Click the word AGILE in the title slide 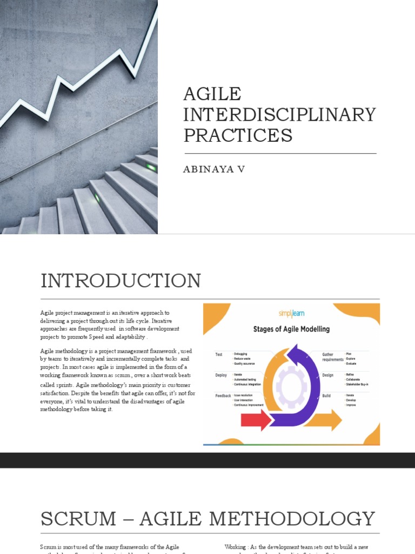pyautogui.click(x=212, y=94)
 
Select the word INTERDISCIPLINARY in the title pyautogui.click(x=279, y=114)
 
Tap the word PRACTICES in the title pyautogui.click(x=238, y=135)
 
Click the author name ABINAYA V pyautogui.click(x=215, y=169)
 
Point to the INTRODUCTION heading pyautogui.click(x=121, y=281)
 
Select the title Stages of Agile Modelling pyautogui.click(x=291, y=328)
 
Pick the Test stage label pyautogui.click(x=219, y=354)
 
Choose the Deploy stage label pyautogui.click(x=221, y=374)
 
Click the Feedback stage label pyautogui.click(x=223, y=396)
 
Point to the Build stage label pyautogui.click(x=327, y=396)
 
